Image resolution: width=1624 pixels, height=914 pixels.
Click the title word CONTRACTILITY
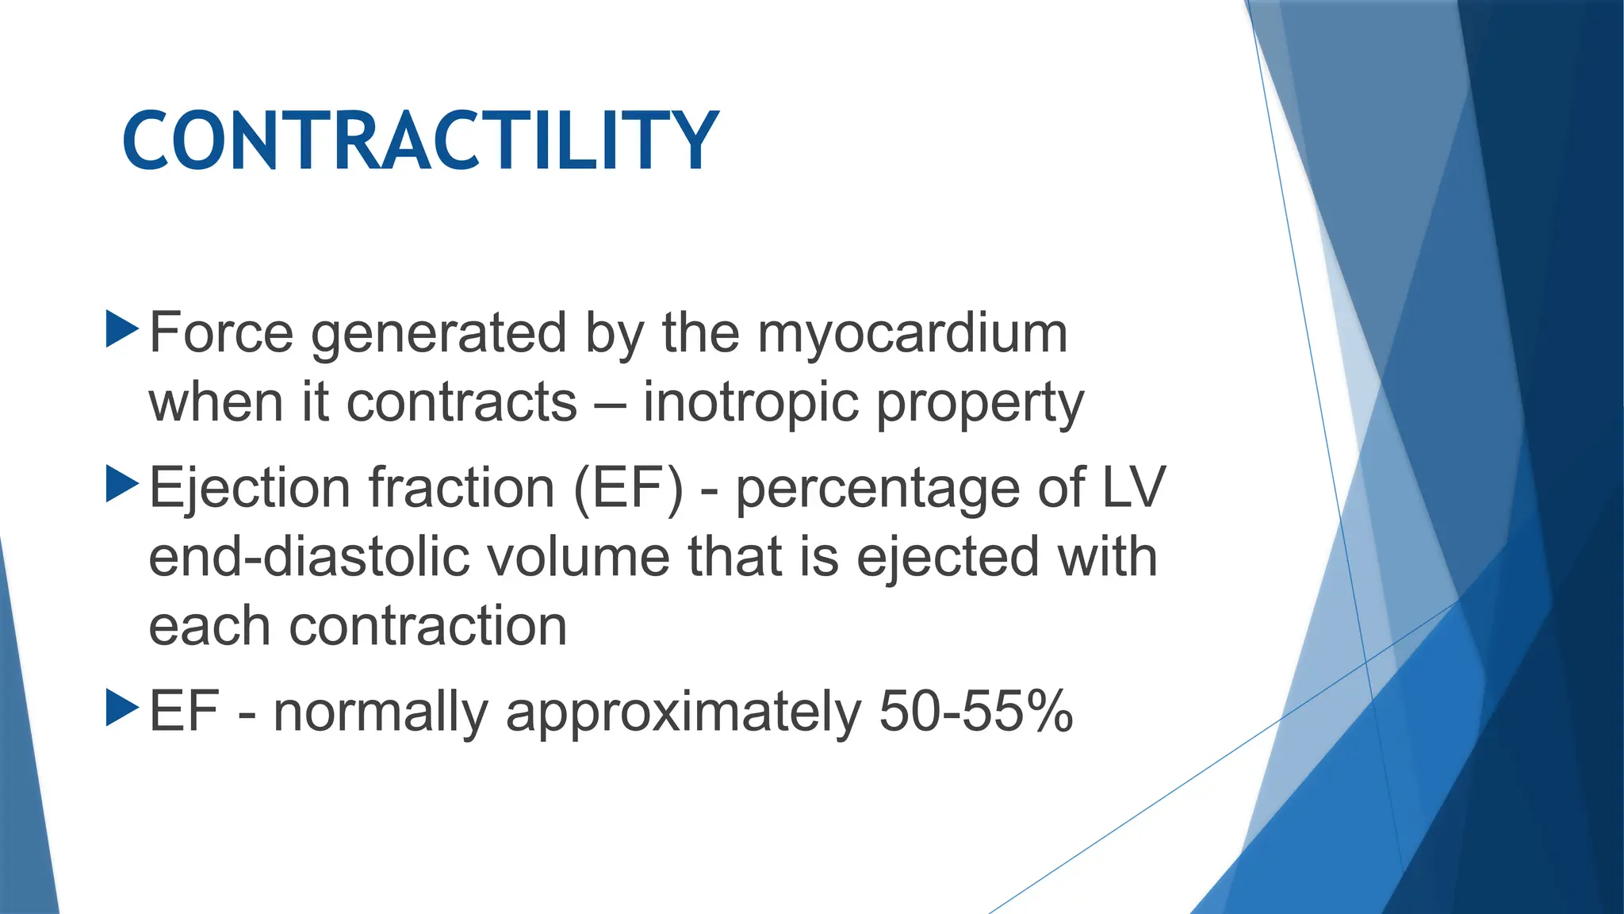click(x=420, y=141)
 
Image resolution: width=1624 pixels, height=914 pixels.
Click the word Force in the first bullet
click(x=221, y=332)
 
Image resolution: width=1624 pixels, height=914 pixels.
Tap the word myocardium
click(x=912, y=334)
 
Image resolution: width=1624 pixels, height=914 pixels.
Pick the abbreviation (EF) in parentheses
click(x=628, y=489)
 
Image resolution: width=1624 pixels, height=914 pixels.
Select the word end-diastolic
click(x=309, y=557)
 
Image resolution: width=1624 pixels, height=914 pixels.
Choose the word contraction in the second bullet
click(x=428, y=627)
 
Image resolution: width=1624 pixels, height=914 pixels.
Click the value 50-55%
click(x=976, y=711)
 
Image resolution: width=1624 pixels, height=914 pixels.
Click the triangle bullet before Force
click(x=121, y=329)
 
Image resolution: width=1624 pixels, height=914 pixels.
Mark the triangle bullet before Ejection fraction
click(x=121, y=484)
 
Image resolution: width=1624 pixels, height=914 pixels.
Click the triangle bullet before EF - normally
click(x=121, y=708)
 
